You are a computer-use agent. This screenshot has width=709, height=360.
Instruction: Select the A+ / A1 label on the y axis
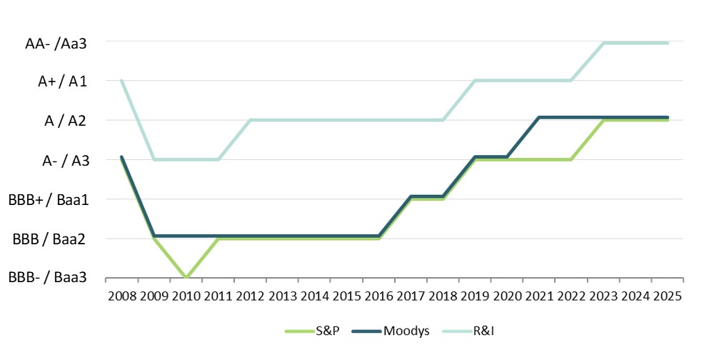(x=62, y=81)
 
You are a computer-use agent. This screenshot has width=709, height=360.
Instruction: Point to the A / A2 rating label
(x=66, y=121)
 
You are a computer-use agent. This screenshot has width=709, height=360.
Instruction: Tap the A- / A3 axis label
(x=64, y=161)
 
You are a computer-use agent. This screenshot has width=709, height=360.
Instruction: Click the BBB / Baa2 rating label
(x=50, y=239)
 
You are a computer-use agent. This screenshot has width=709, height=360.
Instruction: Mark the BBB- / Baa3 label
(x=49, y=279)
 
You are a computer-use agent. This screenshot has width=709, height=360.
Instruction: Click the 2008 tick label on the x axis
(x=121, y=296)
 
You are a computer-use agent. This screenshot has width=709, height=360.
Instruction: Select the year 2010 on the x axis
(x=186, y=296)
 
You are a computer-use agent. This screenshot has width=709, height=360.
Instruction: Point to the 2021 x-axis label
(x=539, y=296)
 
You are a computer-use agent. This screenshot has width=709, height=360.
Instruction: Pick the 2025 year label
(x=668, y=296)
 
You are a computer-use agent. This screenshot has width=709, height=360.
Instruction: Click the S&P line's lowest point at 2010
(x=186, y=277)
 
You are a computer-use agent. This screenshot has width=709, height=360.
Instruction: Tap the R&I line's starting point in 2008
(x=121, y=80)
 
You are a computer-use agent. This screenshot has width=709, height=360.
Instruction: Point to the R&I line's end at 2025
(x=668, y=43)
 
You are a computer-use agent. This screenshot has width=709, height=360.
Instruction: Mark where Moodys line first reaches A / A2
(x=539, y=117)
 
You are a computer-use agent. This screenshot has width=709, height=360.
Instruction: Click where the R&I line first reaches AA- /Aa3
(x=603, y=43)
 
